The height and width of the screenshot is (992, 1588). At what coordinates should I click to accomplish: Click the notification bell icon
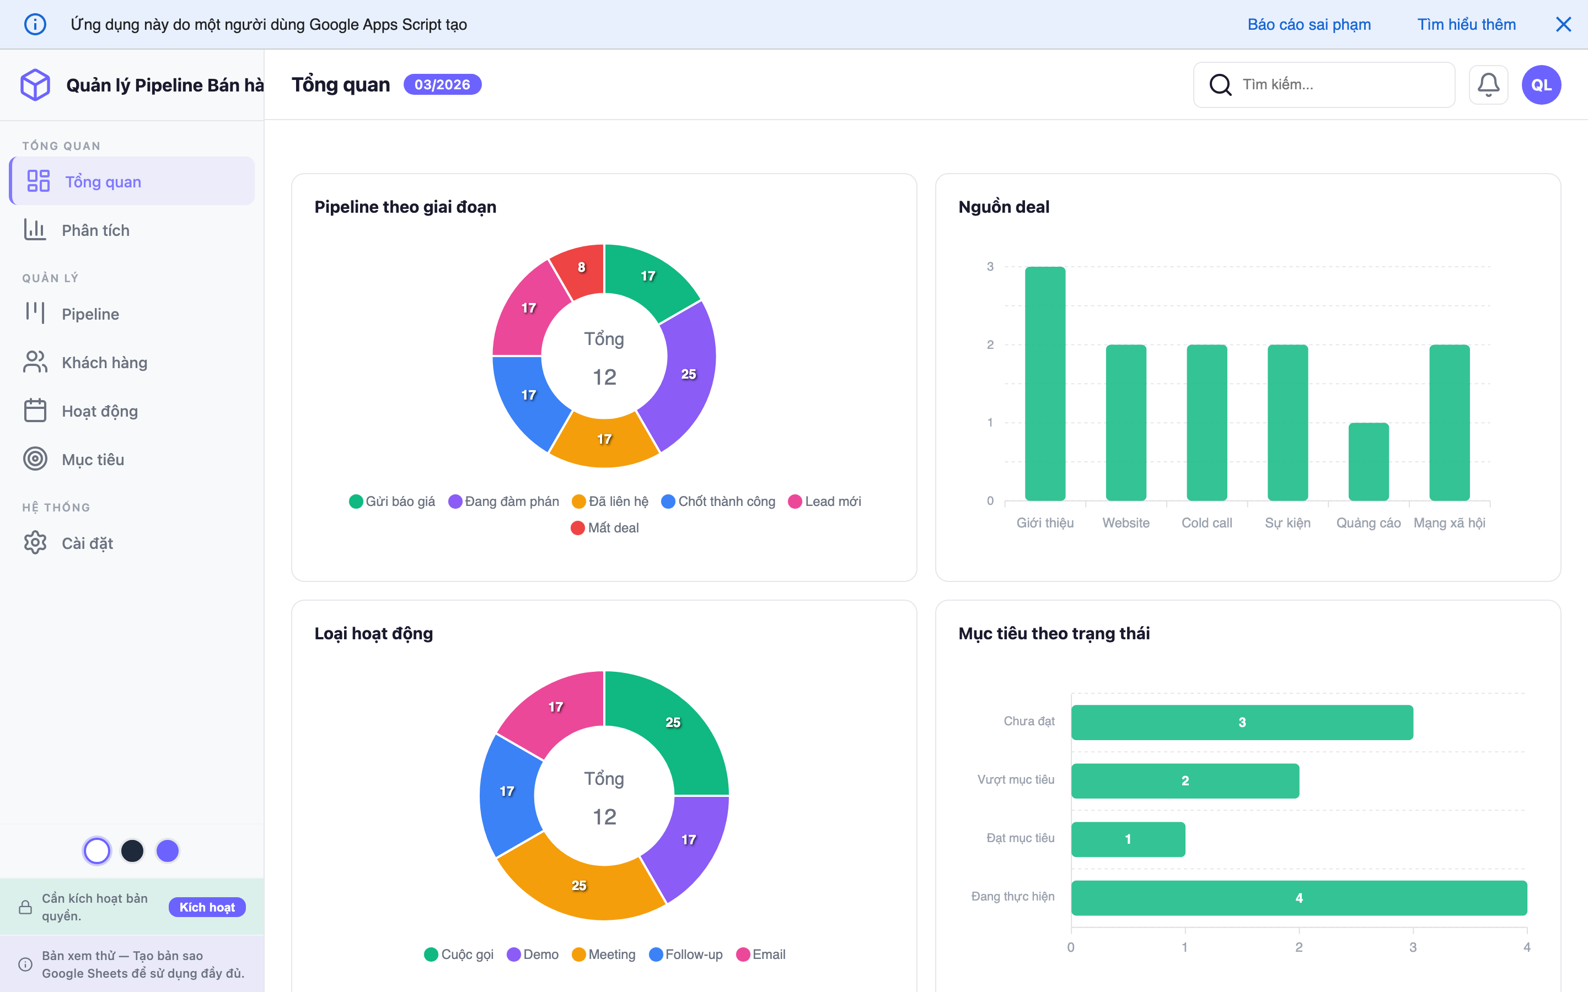click(x=1488, y=85)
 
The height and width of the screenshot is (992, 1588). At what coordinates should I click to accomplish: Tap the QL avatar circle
click(x=1541, y=85)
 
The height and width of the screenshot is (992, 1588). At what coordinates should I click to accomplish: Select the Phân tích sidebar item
click(x=95, y=230)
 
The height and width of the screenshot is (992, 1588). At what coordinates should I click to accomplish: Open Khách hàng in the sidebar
click(x=104, y=363)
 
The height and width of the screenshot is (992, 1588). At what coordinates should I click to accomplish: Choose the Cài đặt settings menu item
click(x=87, y=543)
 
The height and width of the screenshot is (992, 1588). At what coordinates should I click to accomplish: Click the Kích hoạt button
click(x=207, y=907)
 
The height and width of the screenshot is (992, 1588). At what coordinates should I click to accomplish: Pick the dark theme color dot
click(x=132, y=851)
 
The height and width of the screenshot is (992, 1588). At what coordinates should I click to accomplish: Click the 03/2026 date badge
click(x=442, y=85)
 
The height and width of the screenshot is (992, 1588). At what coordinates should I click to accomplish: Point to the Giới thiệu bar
click(x=1045, y=383)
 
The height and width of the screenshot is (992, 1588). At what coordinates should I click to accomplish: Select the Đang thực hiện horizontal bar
click(x=1299, y=898)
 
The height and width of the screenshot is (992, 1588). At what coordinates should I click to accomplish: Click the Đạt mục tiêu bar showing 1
click(x=1128, y=839)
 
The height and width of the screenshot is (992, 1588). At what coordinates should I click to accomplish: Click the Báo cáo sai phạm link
click(x=1308, y=24)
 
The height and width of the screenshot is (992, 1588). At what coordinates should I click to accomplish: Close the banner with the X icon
click(x=1563, y=24)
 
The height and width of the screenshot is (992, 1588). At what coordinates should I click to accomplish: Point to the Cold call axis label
click(x=1206, y=523)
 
